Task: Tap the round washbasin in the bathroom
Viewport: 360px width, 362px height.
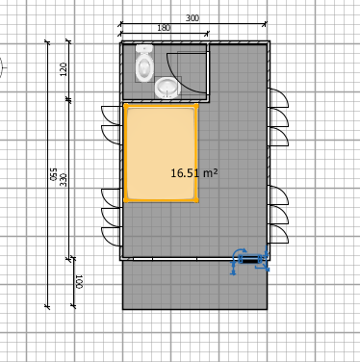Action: click(x=167, y=88)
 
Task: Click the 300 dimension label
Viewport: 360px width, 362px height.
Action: click(x=192, y=18)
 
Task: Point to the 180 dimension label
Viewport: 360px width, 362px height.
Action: click(x=164, y=28)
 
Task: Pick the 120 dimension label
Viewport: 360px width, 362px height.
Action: click(x=64, y=69)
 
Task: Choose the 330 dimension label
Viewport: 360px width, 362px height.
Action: click(x=64, y=179)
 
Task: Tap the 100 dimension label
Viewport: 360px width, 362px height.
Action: click(x=79, y=281)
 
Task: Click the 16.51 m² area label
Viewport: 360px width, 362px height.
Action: click(x=193, y=173)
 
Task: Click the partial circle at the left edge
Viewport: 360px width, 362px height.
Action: click(x=2, y=65)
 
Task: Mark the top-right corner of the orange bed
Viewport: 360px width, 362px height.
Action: click(x=197, y=107)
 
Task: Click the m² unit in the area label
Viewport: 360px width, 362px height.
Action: click(x=209, y=173)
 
